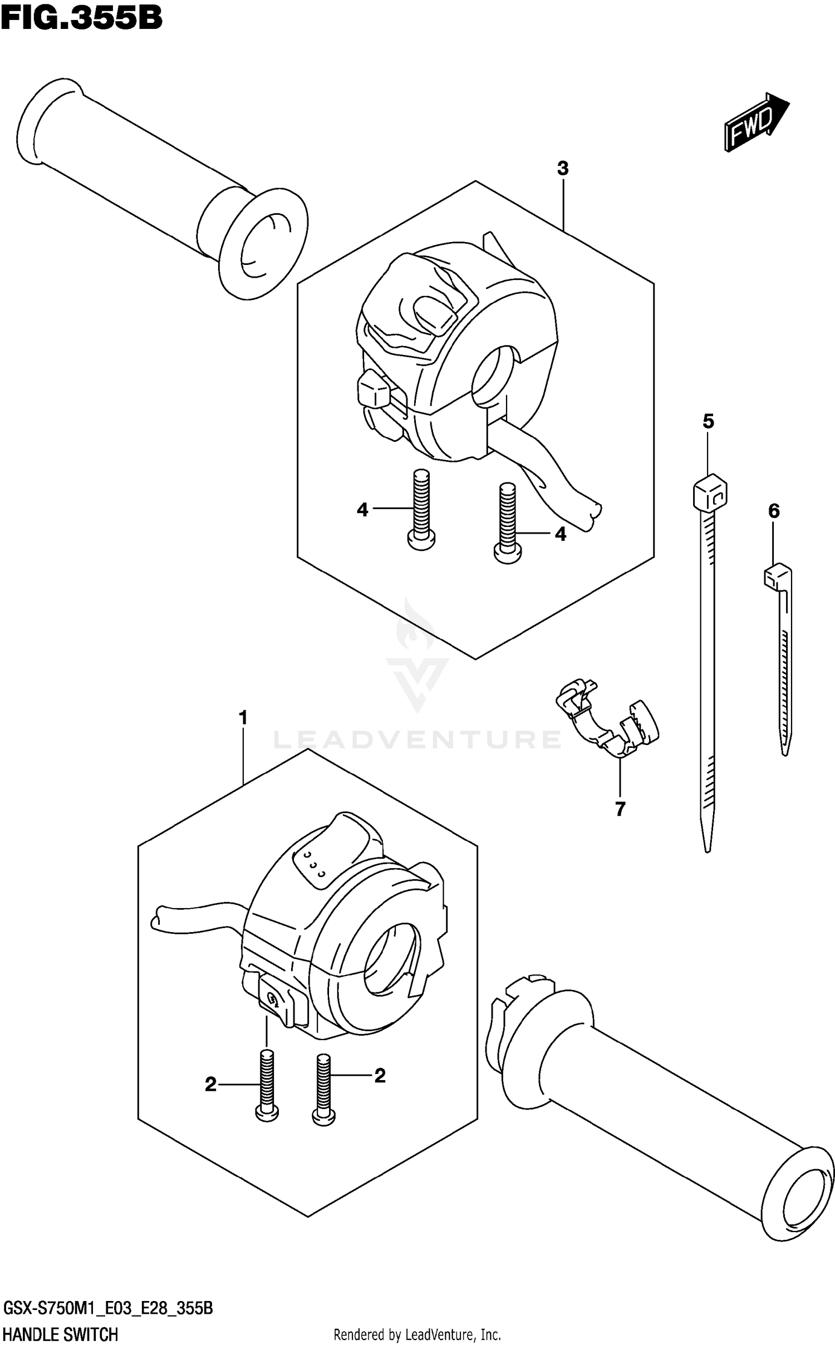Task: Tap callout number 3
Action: click(x=563, y=168)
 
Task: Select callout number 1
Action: click(x=243, y=718)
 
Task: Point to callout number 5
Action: click(x=708, y=421)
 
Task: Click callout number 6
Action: click(x=774, y=511)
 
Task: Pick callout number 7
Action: click(x=620, y=809)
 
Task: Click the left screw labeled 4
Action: click(x=421, y=509)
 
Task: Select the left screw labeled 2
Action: click(x=267, y=1085)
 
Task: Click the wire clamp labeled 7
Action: click(x=607, y=718)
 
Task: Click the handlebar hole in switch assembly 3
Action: click(x=493, y=372)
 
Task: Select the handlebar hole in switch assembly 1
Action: click(x=390, y=958)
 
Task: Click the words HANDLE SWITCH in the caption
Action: click(x=61, y=1330)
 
